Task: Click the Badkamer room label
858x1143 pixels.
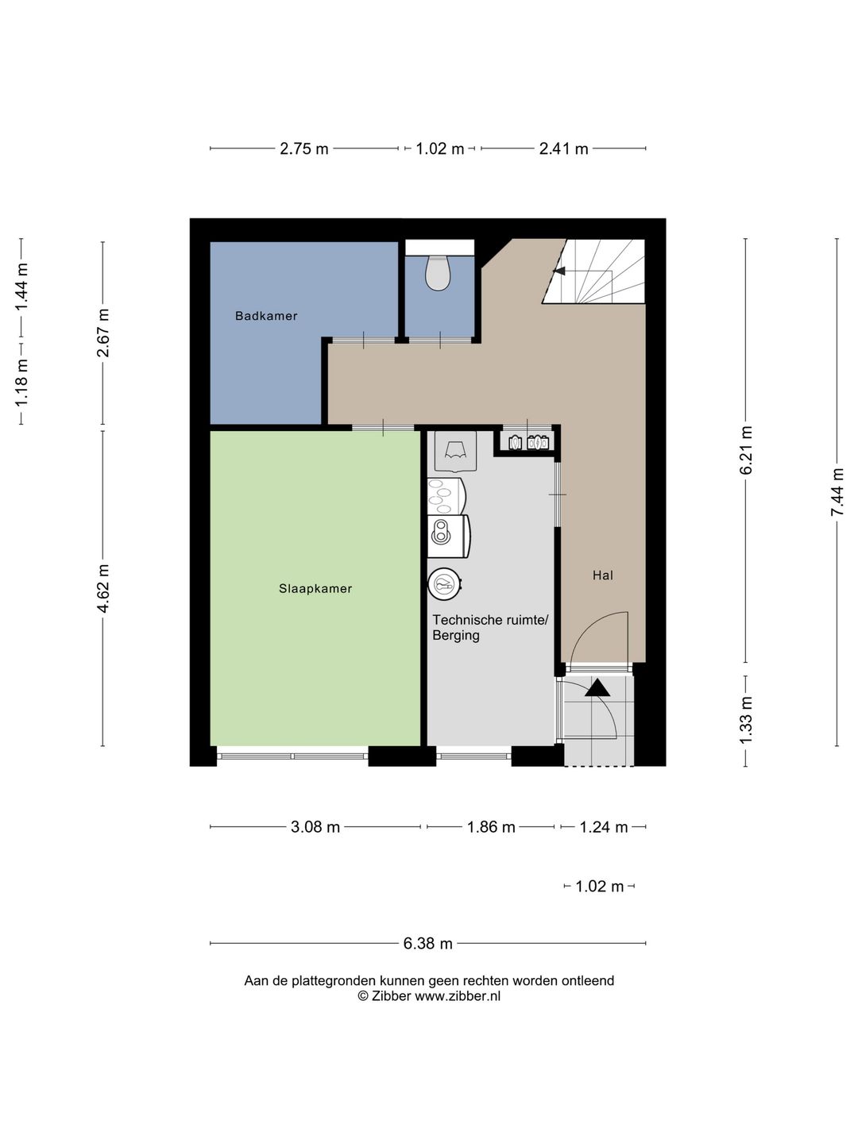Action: [x=265, y=316]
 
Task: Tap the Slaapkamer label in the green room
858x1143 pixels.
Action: [x=315, y=588]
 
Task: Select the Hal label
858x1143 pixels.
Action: [x=603, y=575]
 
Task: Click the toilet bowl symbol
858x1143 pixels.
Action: [x=438, y=272]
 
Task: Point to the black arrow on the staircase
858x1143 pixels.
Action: [x=559, y=271]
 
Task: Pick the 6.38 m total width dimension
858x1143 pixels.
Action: [x=427, y=944]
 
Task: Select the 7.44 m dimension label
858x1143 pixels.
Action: [x=837, y=492]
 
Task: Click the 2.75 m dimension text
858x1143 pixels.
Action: [x=303, y=149]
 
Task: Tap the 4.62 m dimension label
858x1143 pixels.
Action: [x=102, y=588]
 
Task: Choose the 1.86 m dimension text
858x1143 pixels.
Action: [x=491, y=826]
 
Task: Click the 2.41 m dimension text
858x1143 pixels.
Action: [x=563, y=149]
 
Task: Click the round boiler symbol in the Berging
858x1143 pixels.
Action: [x=445, y=584]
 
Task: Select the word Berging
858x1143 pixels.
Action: [x=456, y=636]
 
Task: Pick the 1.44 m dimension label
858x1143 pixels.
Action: [x=21, y=287]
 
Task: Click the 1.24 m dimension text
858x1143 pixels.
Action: [x=603, y=826]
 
